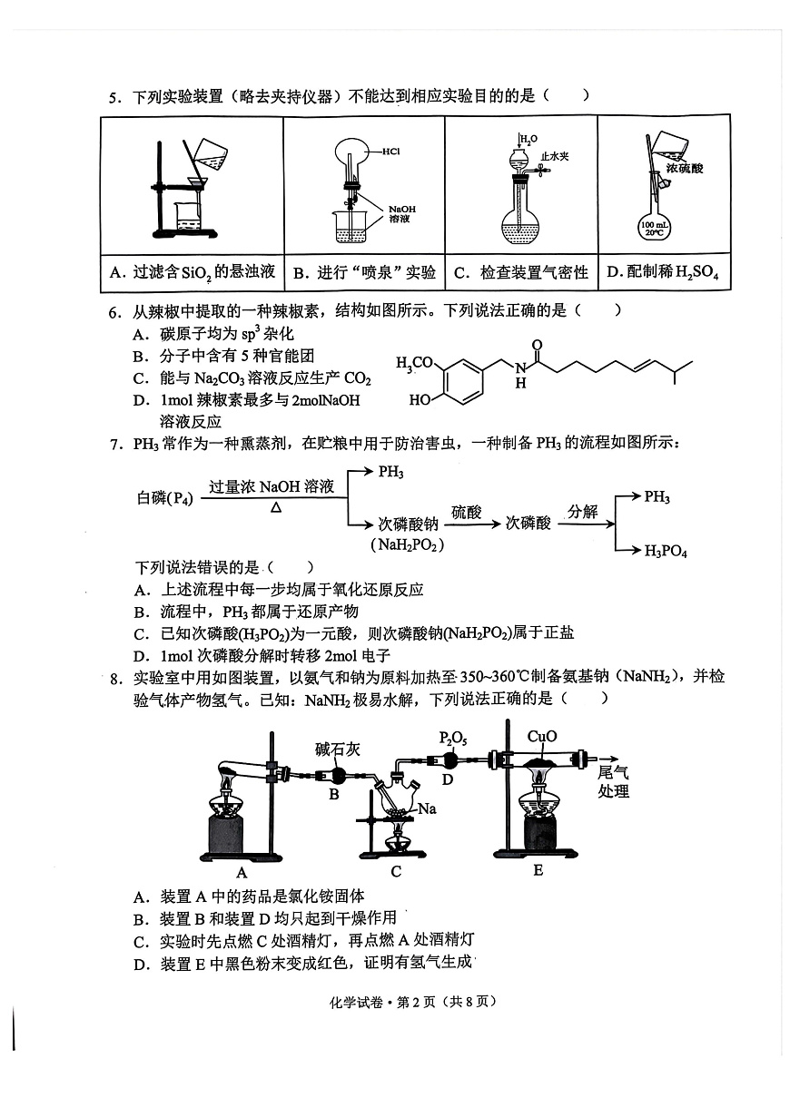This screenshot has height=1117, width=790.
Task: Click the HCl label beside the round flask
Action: point(391,151)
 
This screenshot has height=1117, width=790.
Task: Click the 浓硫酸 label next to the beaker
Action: point(685,168)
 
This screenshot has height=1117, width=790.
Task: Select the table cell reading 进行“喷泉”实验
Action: point(364,272)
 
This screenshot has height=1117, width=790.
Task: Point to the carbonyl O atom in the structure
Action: point(537,345)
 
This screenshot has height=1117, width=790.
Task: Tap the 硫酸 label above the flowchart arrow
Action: point(466,512)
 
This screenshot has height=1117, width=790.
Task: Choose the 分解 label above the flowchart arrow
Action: point(582,512)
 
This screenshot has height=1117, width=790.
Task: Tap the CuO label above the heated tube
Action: point(541,737)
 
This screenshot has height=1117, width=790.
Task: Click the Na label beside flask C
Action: point(427,808)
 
